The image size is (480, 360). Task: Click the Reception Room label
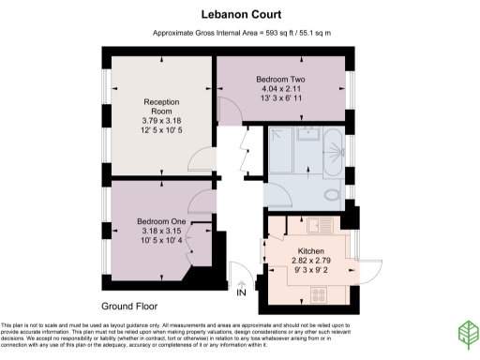coord(161,105)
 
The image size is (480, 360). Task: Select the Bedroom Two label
coord(278,82)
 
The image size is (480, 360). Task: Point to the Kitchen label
coord(311,252)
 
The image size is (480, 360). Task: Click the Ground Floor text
coord(128,307)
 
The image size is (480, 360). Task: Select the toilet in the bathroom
coord(330,193)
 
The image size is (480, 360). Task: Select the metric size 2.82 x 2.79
coord(311,262)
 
